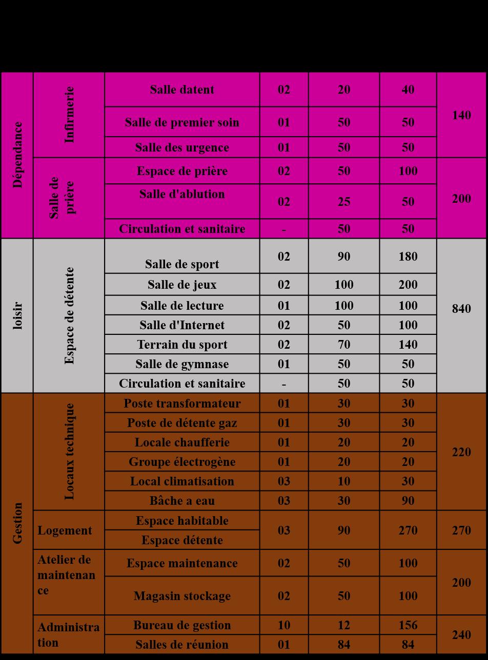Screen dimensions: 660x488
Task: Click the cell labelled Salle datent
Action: coord(182,90)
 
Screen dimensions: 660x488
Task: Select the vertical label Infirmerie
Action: coord(69,114)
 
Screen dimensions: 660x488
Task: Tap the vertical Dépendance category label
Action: coord(17,155)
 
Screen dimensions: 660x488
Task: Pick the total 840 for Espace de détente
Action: coord(461,309)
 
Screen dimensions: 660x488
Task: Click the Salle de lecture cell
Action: coord(182,306)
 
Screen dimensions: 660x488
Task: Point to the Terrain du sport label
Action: coord(182,345)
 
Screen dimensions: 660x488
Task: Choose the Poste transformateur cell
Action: coord(182,403)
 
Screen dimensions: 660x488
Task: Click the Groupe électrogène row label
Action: coord(182,462)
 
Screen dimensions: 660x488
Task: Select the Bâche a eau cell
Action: coord(182,501)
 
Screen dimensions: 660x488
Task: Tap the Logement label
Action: coord(65,530)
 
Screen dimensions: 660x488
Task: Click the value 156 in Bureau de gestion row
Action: coord(408,625)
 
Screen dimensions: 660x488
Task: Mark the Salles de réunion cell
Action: coord(182,645)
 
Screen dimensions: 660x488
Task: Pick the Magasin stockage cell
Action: coord(182,596)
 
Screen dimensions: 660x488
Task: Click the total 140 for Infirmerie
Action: coord(461,115)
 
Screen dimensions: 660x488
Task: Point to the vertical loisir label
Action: coord(17,316)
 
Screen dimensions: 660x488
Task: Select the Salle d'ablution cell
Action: coord(182,195)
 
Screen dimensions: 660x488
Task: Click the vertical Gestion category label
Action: coord(17,523)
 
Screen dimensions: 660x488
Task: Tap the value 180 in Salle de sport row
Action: coord(408,257)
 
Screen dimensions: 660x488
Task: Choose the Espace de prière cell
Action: coord(182,171)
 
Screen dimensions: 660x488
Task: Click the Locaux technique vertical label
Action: coord(69,452)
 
